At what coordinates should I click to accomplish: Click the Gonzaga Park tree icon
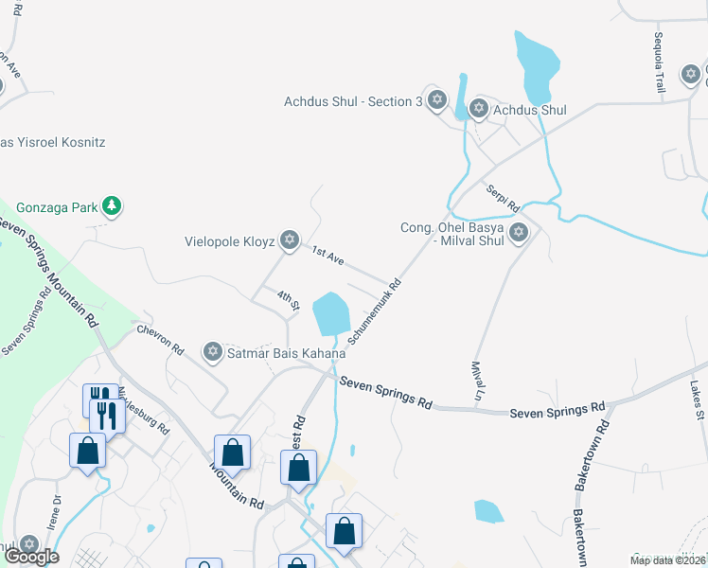(x=113, y=205)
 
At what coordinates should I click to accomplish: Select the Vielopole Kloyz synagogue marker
(x=290, y=240)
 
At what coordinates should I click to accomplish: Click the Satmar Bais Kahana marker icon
(x=212, y=353)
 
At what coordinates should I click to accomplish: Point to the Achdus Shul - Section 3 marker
(x=436, y=100)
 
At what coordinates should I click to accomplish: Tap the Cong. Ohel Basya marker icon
(x=518, y=232)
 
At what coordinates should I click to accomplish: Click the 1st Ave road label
(x=328, y=254)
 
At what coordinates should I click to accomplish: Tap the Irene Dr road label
(x=53, y=513)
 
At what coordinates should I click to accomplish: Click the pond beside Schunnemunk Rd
(x=331, y=312)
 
